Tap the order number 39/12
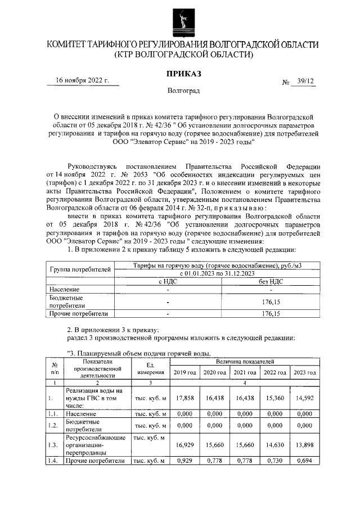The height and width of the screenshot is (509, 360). [x=307, y=82]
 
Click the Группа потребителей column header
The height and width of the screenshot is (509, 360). [x=79, y=269]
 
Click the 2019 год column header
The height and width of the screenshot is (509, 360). [x=184, y=372]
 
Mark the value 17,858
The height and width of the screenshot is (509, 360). [x=184, y=398]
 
